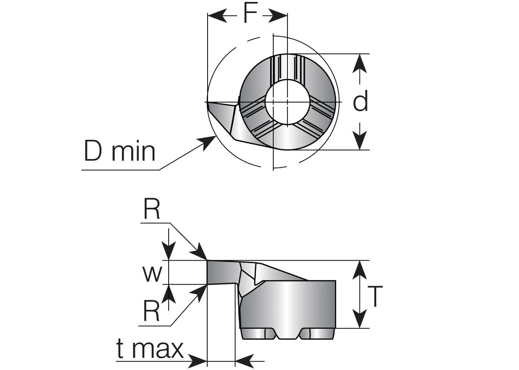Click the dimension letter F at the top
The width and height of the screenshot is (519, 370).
click(x=251, y=13)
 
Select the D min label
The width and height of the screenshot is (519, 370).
click(x=120, y=151)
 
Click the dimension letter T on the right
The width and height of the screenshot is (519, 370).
click(x=375, y=296)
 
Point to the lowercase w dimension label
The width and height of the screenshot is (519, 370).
click(x=152, y=274)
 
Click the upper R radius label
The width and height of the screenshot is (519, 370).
click(x=152, y=209)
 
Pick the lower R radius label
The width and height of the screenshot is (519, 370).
click(x=151, y=310)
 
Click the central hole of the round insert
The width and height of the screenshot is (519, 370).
click(x=287, y=102)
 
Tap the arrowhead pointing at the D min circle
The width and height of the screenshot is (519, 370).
click(x=206, y=142)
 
